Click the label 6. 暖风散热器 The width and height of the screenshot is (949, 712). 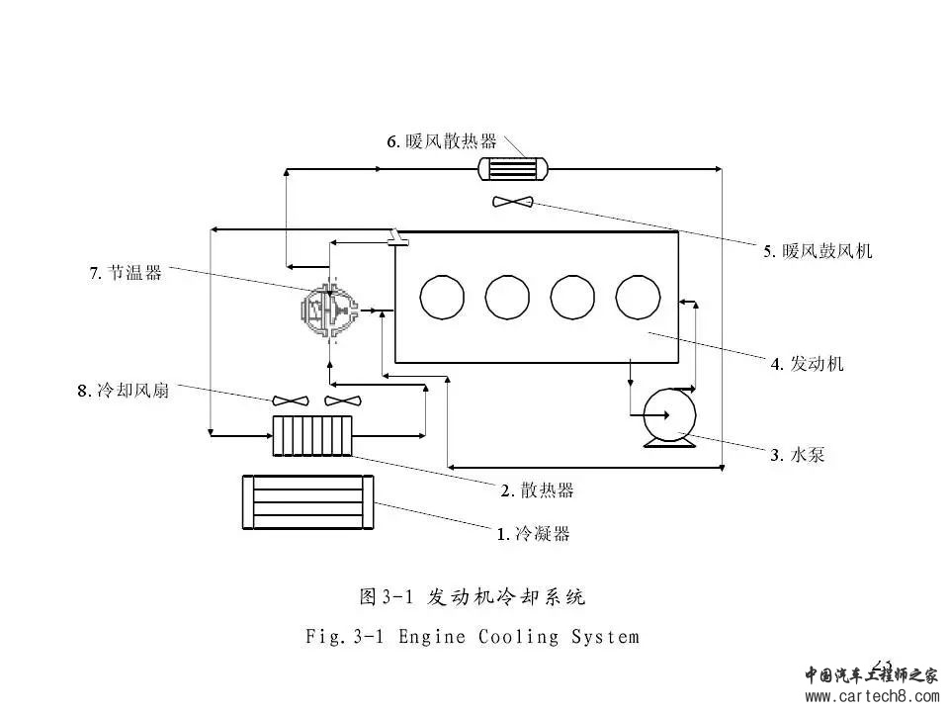click(x=441, y=141)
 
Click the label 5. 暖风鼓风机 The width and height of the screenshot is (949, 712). click(x=817, y=251)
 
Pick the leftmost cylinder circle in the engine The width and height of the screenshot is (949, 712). click(x=441, y=296)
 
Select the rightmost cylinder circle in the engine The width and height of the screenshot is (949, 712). click(x=638, y=296)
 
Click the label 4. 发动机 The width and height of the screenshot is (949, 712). click(x=808, y=364)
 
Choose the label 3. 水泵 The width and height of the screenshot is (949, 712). click(x=797, y=455)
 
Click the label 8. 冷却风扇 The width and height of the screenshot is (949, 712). click(x=123, y=391)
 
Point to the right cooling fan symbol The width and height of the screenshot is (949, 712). click(x=343, y=400)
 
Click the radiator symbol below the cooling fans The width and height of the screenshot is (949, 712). click(x=311, y=435)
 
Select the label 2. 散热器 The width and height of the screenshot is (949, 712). click(x=537, y=490)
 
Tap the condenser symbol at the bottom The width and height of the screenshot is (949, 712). click(x=308, y=502)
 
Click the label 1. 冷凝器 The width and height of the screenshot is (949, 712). click(x=533, y=534)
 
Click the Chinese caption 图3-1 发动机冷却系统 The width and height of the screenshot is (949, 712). click(x=472, y=596)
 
